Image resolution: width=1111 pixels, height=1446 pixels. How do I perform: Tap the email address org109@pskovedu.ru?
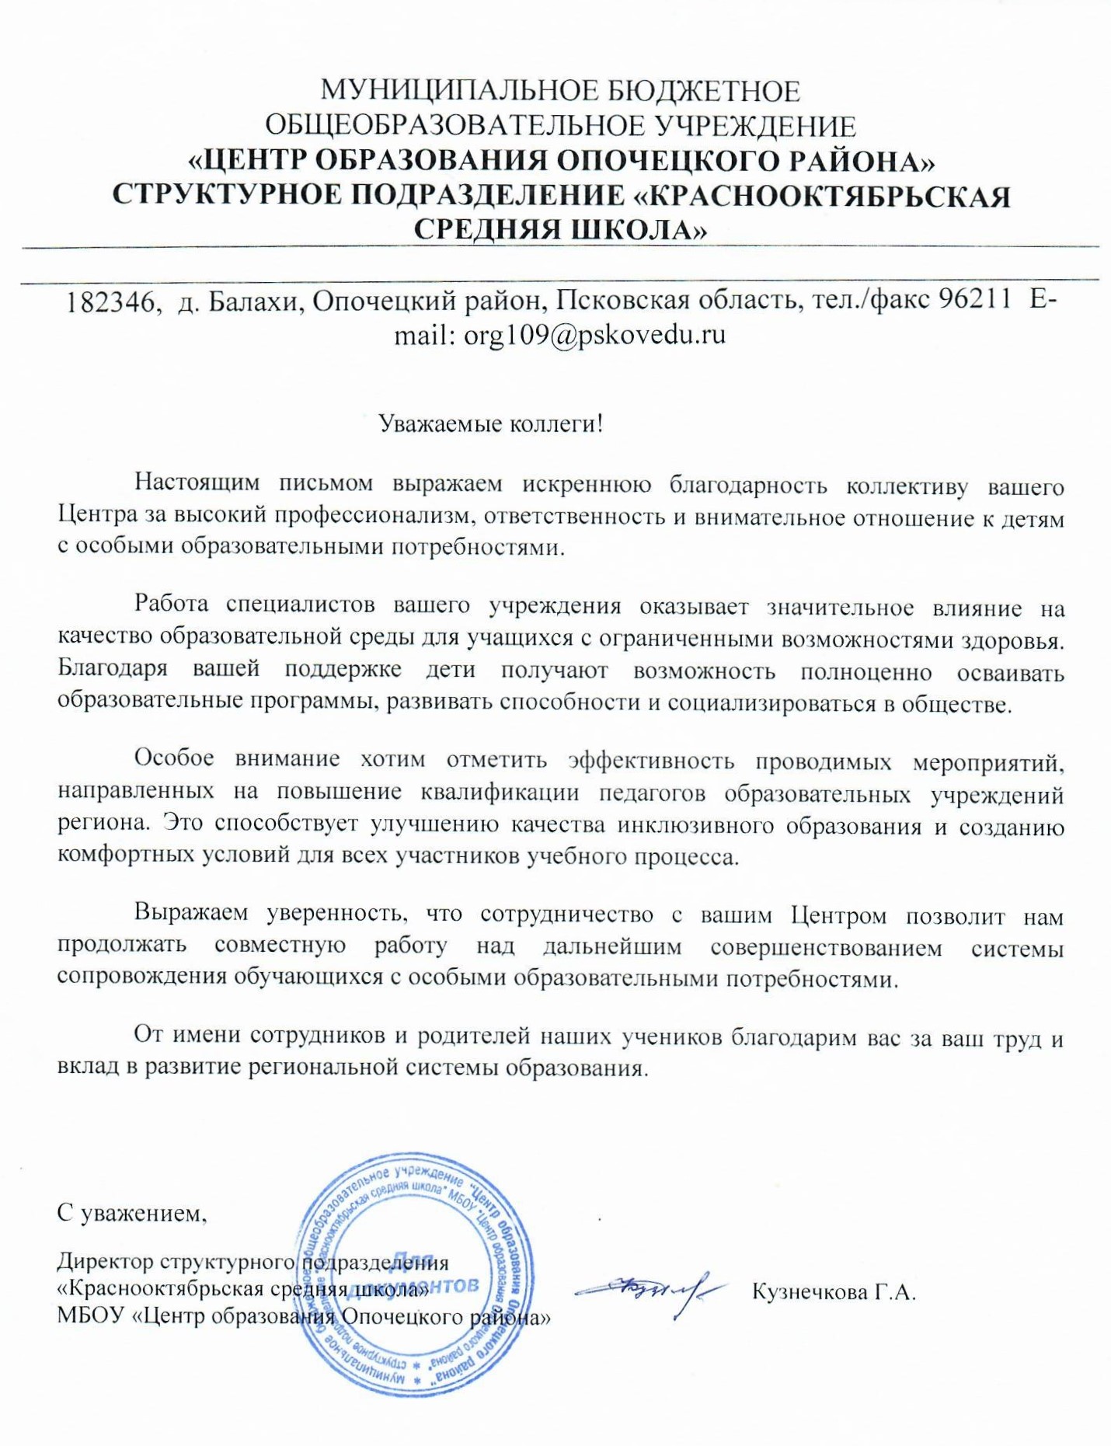coord(594,335)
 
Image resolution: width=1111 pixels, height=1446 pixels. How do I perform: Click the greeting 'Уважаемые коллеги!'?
coord(490,424)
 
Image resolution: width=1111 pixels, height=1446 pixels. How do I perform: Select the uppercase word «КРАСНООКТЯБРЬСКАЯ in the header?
coord(823,196)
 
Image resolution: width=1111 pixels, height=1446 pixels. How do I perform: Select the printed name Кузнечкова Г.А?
coord(834,1291)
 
